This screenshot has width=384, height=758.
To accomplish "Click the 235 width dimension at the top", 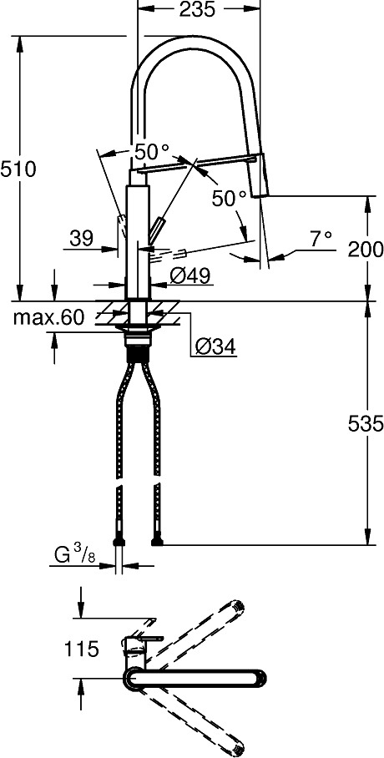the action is [197, 10].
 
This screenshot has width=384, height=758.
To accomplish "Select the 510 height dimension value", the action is [18, 169].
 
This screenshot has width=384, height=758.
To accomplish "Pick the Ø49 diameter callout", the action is [189, 276].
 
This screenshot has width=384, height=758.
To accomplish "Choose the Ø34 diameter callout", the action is [215, 346].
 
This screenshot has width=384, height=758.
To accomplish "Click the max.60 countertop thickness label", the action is [49, 317].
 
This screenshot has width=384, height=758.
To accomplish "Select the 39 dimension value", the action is [82, 238].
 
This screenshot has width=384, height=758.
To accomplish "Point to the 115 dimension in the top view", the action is [81, 649].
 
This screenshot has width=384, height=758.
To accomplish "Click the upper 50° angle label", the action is [151, 153].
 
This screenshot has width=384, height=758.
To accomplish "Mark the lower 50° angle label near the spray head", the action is [230, 199].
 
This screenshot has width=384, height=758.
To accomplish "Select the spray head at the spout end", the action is [258, 174].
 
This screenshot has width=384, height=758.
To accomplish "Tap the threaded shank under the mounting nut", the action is [139, 353].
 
